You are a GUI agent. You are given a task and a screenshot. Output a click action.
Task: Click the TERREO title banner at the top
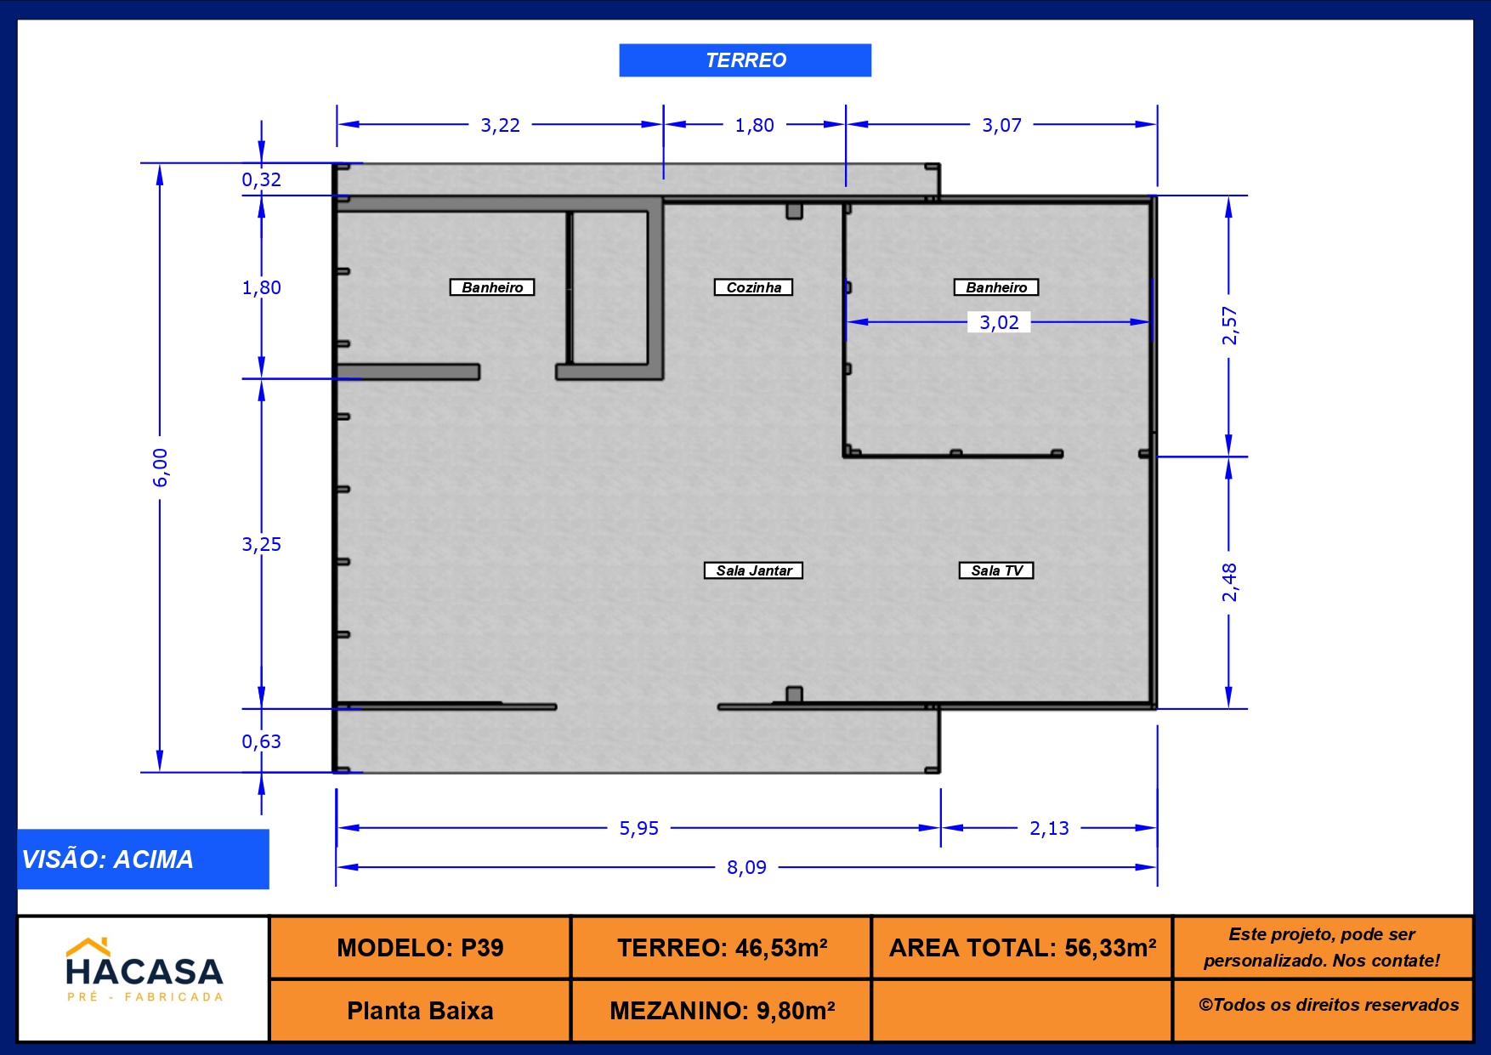pos(745,60)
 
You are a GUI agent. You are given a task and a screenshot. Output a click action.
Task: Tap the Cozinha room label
pos(753,287)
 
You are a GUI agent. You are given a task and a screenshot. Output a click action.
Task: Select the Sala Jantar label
pos(753,570)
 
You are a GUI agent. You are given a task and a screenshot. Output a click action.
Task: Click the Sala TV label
pos(996,570)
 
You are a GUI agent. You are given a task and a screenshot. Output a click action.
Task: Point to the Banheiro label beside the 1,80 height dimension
pos(492,287)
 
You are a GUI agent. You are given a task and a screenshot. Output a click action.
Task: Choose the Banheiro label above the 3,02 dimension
pos(996,287)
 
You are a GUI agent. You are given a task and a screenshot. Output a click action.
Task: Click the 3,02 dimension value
pos(999,322)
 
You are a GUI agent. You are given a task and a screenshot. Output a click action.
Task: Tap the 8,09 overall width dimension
pos(746,867)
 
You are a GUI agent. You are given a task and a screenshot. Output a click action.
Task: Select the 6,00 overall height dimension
pos(160,468)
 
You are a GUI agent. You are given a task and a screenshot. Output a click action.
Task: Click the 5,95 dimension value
pos(638,828)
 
